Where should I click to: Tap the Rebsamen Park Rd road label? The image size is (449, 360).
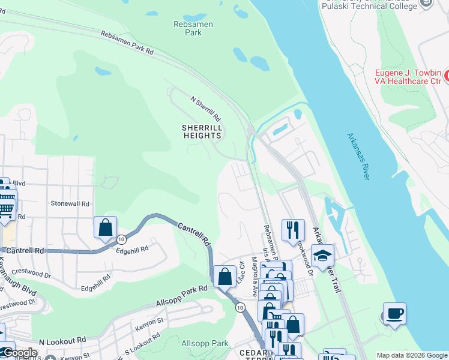[x=127, y=44]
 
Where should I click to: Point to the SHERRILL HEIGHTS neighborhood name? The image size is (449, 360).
[x=202, y=132]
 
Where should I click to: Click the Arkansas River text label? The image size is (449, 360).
[x=358, y=157]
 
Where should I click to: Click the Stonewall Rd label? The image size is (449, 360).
[x=70, y=204]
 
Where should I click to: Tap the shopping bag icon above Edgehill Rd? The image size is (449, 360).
[x=105, y=228]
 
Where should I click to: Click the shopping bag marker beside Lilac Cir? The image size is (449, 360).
[x=224, y=277]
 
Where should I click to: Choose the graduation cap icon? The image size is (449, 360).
[x=322, y=256]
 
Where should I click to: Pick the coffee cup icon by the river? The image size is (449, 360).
[x=394, y=313]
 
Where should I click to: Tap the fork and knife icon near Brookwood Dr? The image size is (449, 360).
[x=293, y=229]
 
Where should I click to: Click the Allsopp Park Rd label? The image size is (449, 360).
[x=181, y=294]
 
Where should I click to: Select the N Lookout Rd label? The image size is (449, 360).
[x=62, y=341]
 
